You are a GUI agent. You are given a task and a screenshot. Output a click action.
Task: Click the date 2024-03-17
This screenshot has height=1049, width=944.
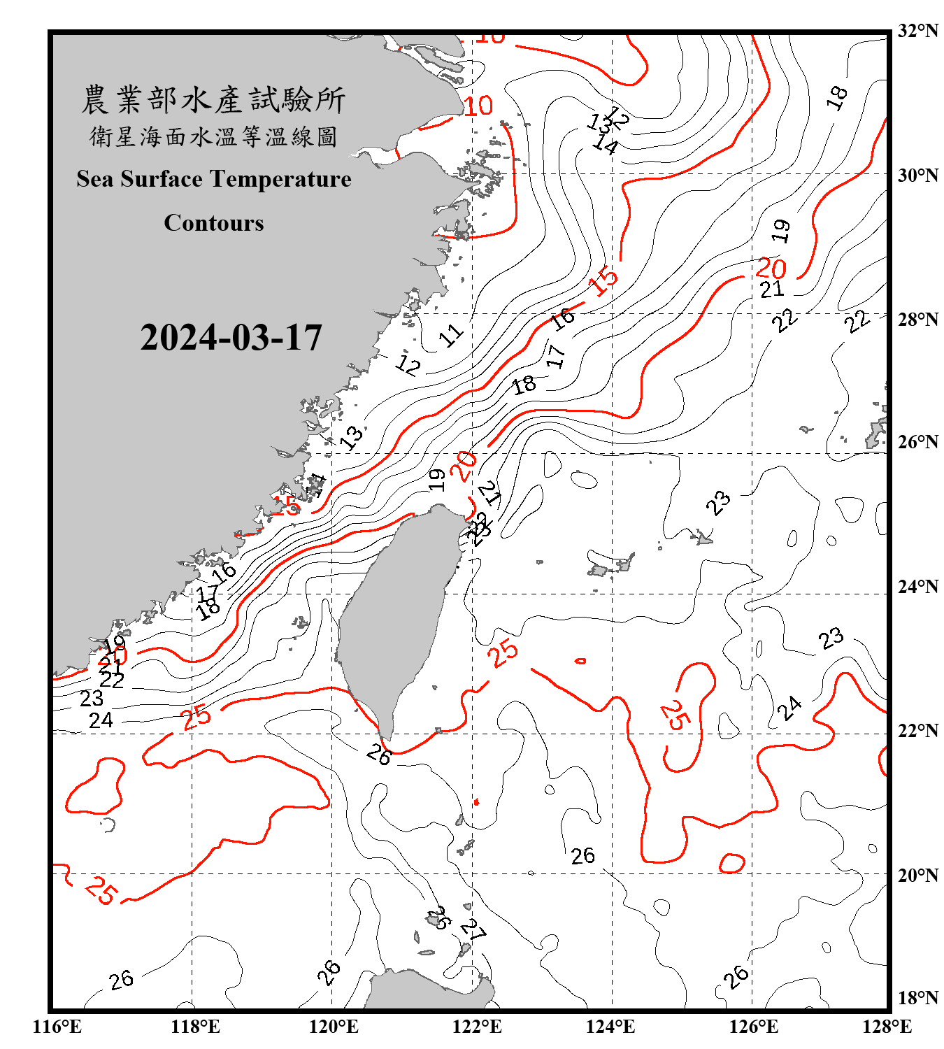231,338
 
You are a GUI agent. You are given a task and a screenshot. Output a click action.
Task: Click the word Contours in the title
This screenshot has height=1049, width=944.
214,223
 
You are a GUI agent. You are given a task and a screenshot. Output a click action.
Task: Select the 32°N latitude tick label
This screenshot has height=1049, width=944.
917,31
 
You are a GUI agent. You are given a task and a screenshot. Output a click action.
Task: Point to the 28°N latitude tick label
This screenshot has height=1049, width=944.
917,320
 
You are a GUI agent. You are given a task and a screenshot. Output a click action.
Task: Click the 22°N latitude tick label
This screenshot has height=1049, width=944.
917,731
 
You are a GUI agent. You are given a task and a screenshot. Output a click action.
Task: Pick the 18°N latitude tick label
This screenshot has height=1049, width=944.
917,998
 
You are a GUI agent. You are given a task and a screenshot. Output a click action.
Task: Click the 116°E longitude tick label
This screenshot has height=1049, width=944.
57,1027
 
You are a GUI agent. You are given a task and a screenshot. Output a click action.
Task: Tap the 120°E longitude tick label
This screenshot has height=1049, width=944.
334,1027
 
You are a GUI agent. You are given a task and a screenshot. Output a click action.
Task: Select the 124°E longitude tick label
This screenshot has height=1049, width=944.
610,1027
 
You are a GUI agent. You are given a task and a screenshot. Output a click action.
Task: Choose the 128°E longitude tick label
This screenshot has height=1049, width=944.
887,1027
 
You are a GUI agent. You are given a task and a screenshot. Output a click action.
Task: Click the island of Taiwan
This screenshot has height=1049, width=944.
395,615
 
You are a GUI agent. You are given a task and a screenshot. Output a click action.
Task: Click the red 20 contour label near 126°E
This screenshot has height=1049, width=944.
771,268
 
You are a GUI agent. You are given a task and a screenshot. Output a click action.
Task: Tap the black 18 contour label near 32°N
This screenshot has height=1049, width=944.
837,97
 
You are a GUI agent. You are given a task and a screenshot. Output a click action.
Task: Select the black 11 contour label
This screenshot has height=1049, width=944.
451,336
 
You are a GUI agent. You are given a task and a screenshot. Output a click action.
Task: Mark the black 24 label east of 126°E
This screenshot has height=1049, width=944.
790,708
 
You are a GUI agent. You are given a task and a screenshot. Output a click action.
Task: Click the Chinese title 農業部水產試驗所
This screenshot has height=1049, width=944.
213,100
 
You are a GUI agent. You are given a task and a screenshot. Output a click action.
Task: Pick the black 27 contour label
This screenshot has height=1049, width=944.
473,929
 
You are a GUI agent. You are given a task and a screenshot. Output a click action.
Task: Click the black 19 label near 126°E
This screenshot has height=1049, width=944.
782,230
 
